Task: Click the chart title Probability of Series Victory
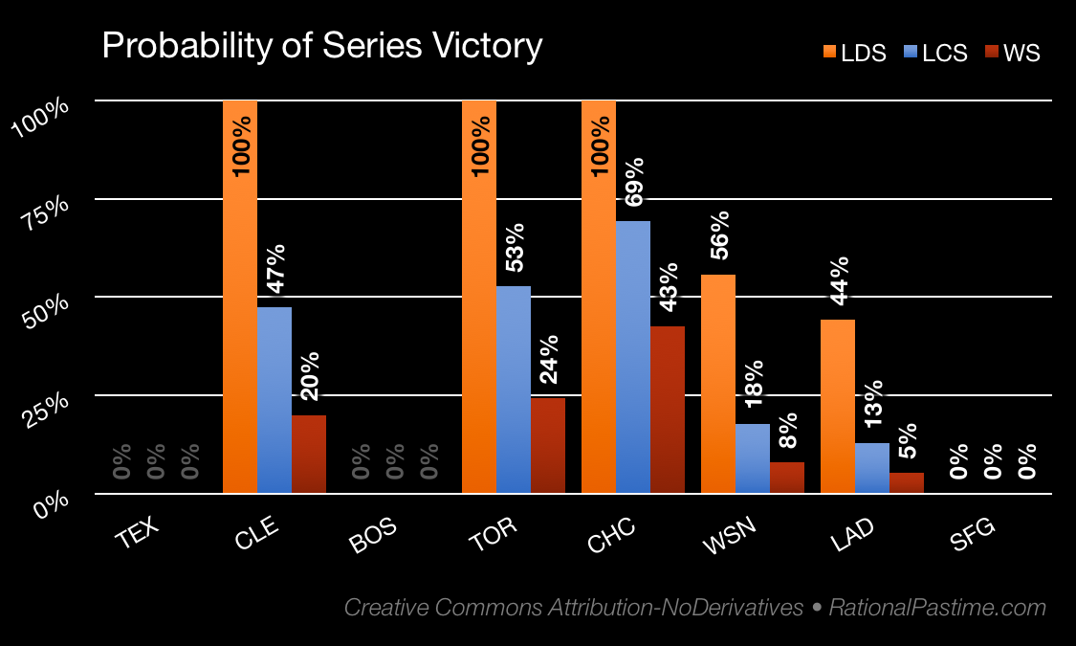pyautogui.click(x=321, y=46)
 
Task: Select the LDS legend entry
pyautogui.click(x=850, y=54)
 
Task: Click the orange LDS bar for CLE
pyautogui.click(x=240, y=316)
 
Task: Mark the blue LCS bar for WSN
pyautogui.click(x=753, y=458)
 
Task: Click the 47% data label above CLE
pyautogui.click(x=275, y=270)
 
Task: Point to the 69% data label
pyautogui.click(x=634, y=182)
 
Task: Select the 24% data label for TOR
pyautogui.click(x=548, y=360)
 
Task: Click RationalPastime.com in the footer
pyautogui.click(x=937, y=608)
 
